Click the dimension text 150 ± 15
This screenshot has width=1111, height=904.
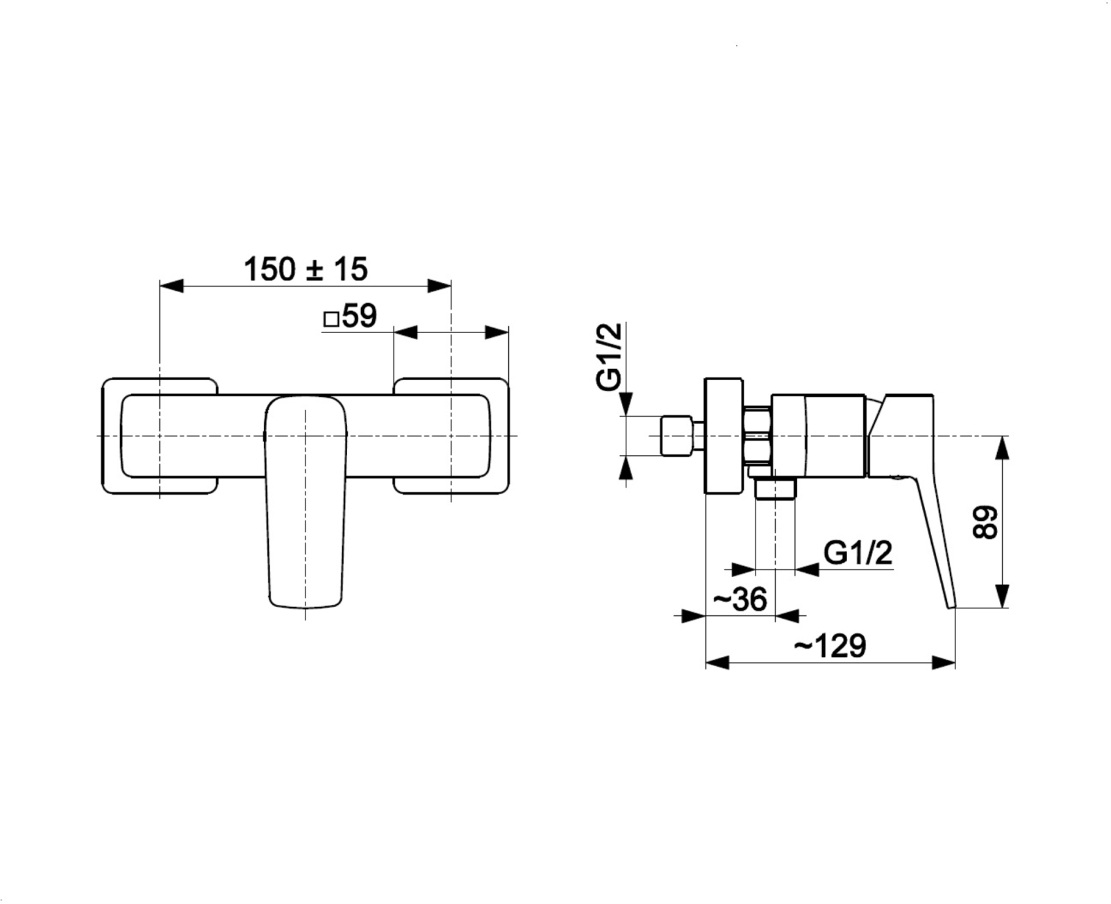306,269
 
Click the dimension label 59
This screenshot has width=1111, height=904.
360,316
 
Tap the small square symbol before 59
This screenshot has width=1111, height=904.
331,319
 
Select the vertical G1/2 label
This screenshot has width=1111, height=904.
609,357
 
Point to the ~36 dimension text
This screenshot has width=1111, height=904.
740,599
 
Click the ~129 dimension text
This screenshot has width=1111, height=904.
830,645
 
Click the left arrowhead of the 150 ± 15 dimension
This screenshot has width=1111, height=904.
172,286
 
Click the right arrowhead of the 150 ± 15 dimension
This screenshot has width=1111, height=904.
439,286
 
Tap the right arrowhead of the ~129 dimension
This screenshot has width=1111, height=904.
944,663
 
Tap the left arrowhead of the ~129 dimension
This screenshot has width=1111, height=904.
717,663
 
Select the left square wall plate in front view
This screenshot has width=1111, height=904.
160,436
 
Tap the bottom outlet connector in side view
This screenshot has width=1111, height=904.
776,488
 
